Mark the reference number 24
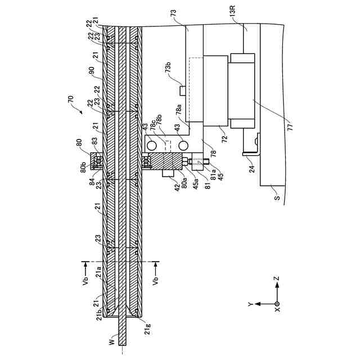pyautogui.click(x=251, y=167)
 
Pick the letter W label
pyautogui.click(x=111, y=341)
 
